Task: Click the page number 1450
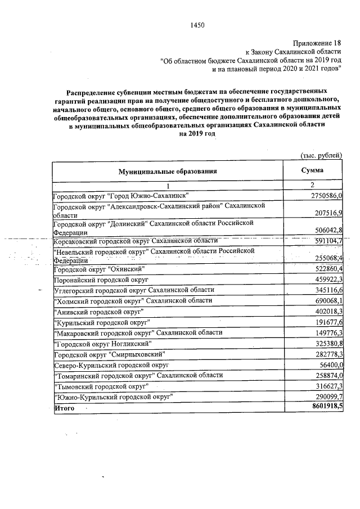point(197,25)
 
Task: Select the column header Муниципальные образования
point(167,172)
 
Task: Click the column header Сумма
point(312,170)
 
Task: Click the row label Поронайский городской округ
point(100,280)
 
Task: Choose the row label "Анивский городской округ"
point(98,311)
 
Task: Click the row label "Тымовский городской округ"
point(101,386)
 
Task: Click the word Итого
point(64,408)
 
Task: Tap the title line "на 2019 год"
point(197,134)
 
